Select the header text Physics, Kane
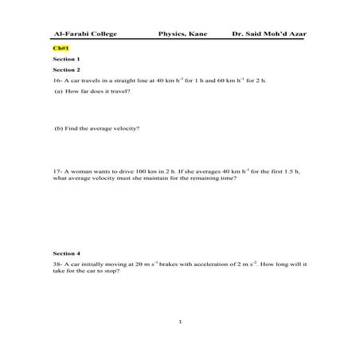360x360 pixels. (182, 35)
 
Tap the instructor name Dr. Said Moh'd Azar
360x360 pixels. (268, 35)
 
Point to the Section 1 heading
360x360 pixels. (66, 59)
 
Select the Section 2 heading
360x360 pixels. (66, 69)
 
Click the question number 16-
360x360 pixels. (57, 80)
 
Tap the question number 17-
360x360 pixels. (57, 171)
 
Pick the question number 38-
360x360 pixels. (57, 264)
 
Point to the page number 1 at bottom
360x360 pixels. (181, 322)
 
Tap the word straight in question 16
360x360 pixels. (116, 80)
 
